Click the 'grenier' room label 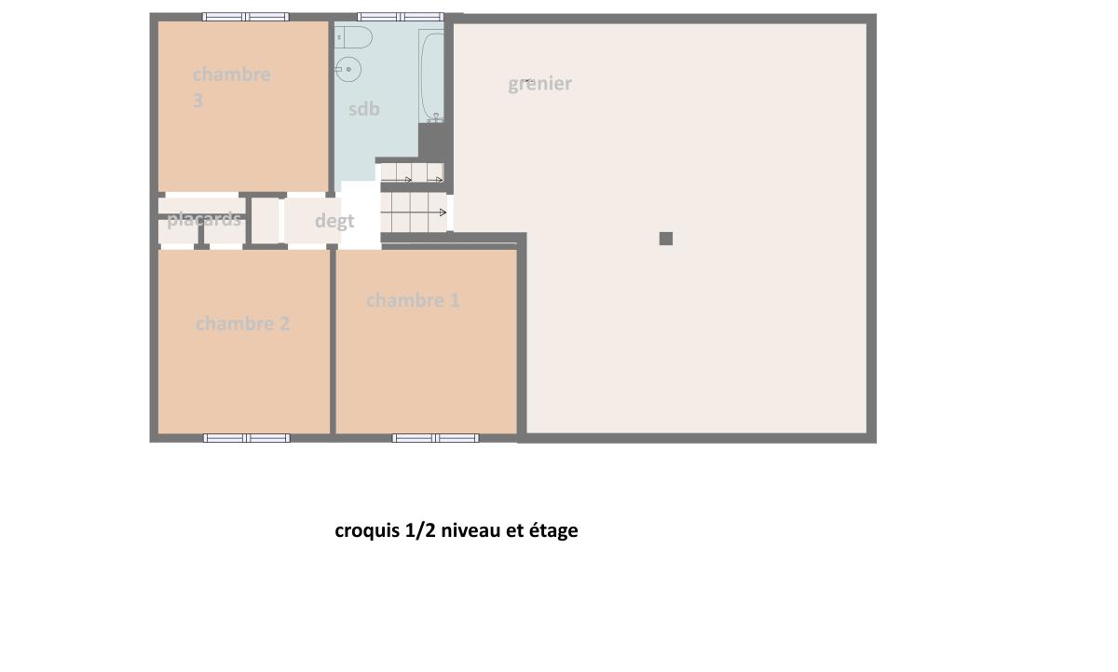(x=539, y=84)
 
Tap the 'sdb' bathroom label (x=364, y=109)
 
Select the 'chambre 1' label (x=413, y=300)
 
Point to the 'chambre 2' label (x=242, y=324)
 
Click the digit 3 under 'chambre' (x=198, y=101)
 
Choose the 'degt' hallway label (x=334, y=221)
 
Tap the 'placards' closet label (x=204, y=220)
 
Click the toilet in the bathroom (x=353, y=37)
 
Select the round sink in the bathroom (x=348, y=69)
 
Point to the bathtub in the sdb (x=431, y=75)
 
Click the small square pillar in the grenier (x=666, y=239)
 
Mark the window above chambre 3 (x=246, y=17)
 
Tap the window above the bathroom (x=401, y=17)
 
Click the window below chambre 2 (x=247, y=438)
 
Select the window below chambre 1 (x=436, y=438)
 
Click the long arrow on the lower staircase (x=414, y=213)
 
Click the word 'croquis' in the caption (x=367, y=530)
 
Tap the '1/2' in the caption (x=420, y=530)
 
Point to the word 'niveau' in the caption (x=471, y=529)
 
